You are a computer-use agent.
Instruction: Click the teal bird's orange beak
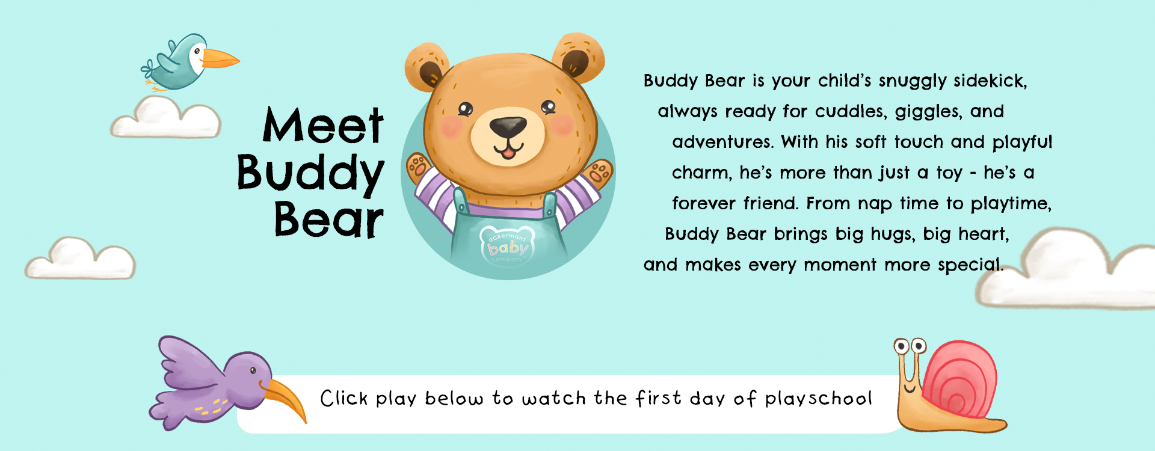click(x=219, y=58)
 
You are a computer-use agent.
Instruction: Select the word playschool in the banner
click(x=818, y=399)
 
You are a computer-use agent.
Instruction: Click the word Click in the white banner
click(x=344, y=398)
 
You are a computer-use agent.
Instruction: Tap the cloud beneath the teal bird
click(x=165, y=119)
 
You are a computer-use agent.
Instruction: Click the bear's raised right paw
click(x=600, y=172)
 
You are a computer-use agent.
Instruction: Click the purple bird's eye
click(x=253, y=370)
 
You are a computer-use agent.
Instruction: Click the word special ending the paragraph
click(x=970, y=265)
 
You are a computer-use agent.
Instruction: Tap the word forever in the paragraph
click(x=704, y=203)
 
